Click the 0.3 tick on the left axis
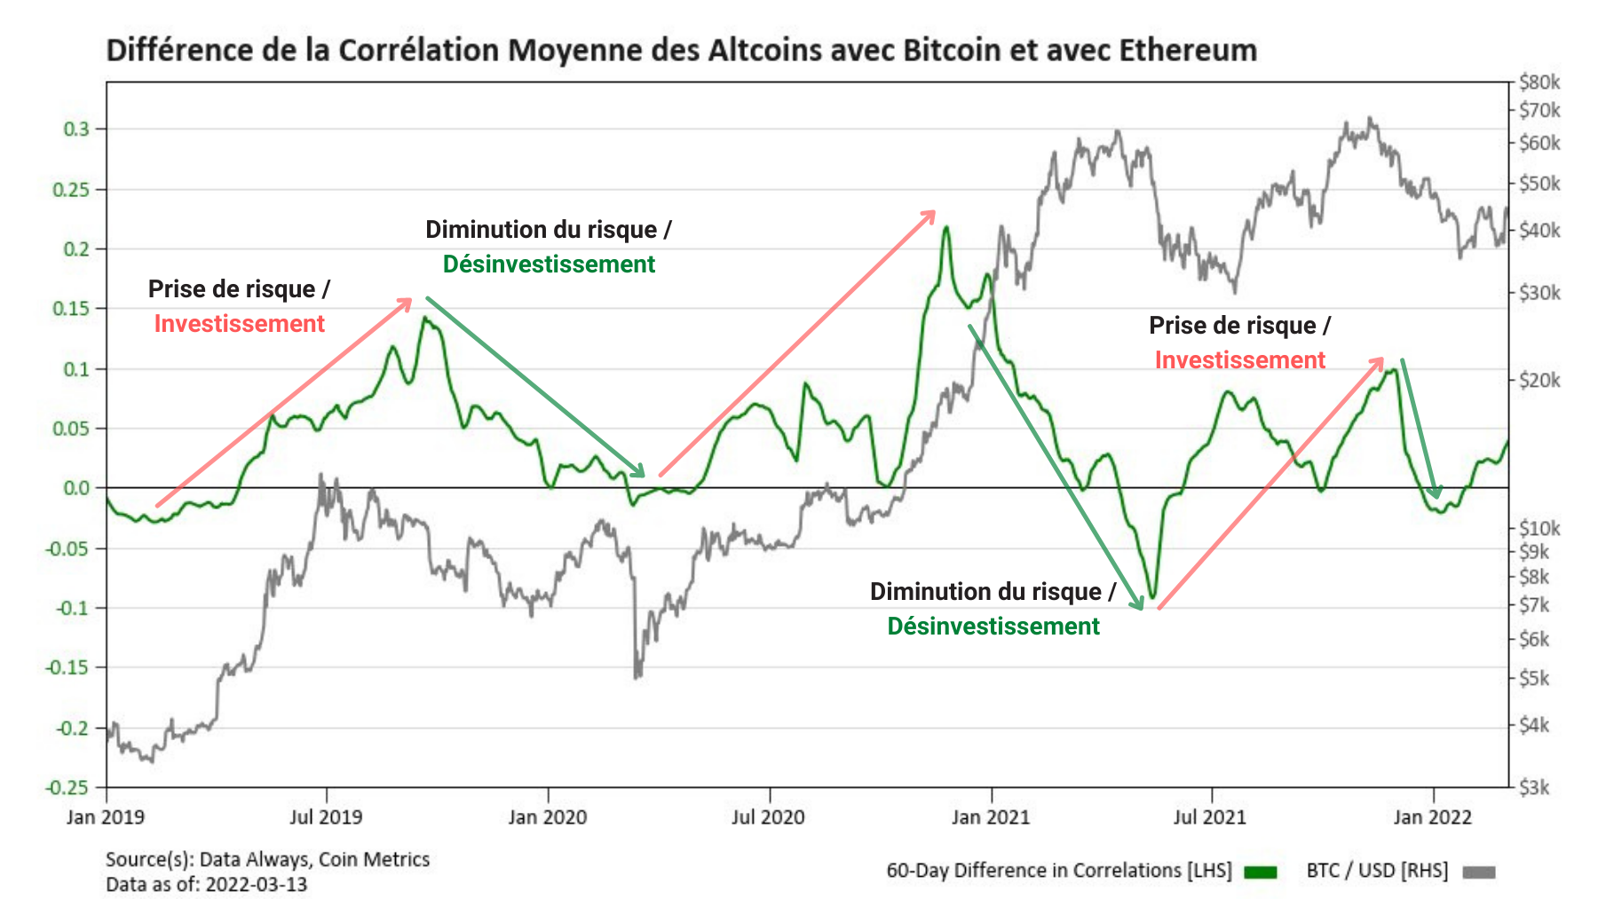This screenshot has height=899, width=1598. tap(76, 129)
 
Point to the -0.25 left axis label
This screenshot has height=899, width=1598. tap(67, 787)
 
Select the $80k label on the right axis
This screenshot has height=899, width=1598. tap(1539, 83)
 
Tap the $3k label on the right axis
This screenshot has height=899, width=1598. tap(1534, 787)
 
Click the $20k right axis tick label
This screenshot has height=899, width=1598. tap(1539, 380)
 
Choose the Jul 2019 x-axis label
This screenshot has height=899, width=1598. tap(326, 816)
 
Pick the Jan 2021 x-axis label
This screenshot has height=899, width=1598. tap(990, 816)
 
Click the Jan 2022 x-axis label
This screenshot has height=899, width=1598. tap(1432, 816)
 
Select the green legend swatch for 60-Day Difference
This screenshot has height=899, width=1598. tap(1260, 871)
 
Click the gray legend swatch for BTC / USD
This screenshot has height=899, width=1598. tap(1478, 871)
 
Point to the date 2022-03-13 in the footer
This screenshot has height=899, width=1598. tap(257, 884)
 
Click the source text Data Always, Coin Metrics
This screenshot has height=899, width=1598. tap(314, 859)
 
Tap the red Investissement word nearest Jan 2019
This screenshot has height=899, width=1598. tap(240, 324)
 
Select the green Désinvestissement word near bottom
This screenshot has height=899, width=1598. tap(993, 627)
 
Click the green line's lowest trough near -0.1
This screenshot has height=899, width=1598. tap(1152, 597)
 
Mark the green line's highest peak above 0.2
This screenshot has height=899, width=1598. tap(946, 228)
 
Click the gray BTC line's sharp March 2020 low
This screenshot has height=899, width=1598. tap(637, 676)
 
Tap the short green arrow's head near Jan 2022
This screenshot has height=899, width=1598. tap(1436, 493)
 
